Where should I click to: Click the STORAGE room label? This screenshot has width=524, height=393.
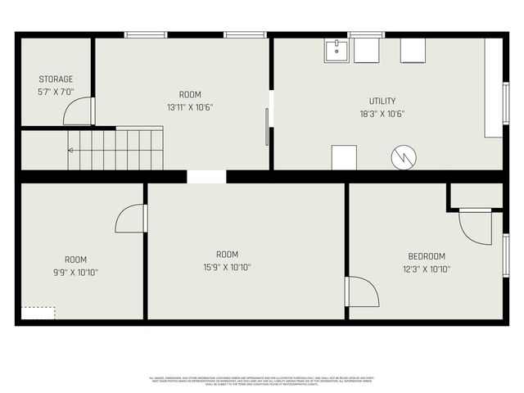tap(56, 79)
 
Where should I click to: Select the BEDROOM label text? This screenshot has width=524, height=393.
tap(427, 256)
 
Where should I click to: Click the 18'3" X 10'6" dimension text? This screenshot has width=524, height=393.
tap(382, 115)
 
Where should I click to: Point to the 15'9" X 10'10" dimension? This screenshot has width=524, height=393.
tap(227, 267)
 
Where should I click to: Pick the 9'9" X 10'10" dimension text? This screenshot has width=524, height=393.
tap(75, 272)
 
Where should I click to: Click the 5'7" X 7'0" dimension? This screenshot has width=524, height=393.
tap(56, 93)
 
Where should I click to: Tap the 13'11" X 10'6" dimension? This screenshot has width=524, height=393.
tap(190, 107)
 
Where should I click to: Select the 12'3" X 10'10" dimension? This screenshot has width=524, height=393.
tap(427, 269)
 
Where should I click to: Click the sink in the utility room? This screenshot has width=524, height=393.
tap(336, 51)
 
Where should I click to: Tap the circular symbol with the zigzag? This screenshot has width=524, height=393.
tap(404, 157)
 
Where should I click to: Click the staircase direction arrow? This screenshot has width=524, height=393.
tap(71, 150)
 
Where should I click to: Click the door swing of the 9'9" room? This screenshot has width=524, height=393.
tap(131, 219)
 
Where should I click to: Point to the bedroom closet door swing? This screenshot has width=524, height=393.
tap(475, 227)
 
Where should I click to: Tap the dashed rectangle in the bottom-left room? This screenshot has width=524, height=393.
tap(38, 313)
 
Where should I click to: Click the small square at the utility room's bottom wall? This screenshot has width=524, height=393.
tap(344, 157)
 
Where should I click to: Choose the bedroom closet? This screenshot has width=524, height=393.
tap(476, 195)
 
